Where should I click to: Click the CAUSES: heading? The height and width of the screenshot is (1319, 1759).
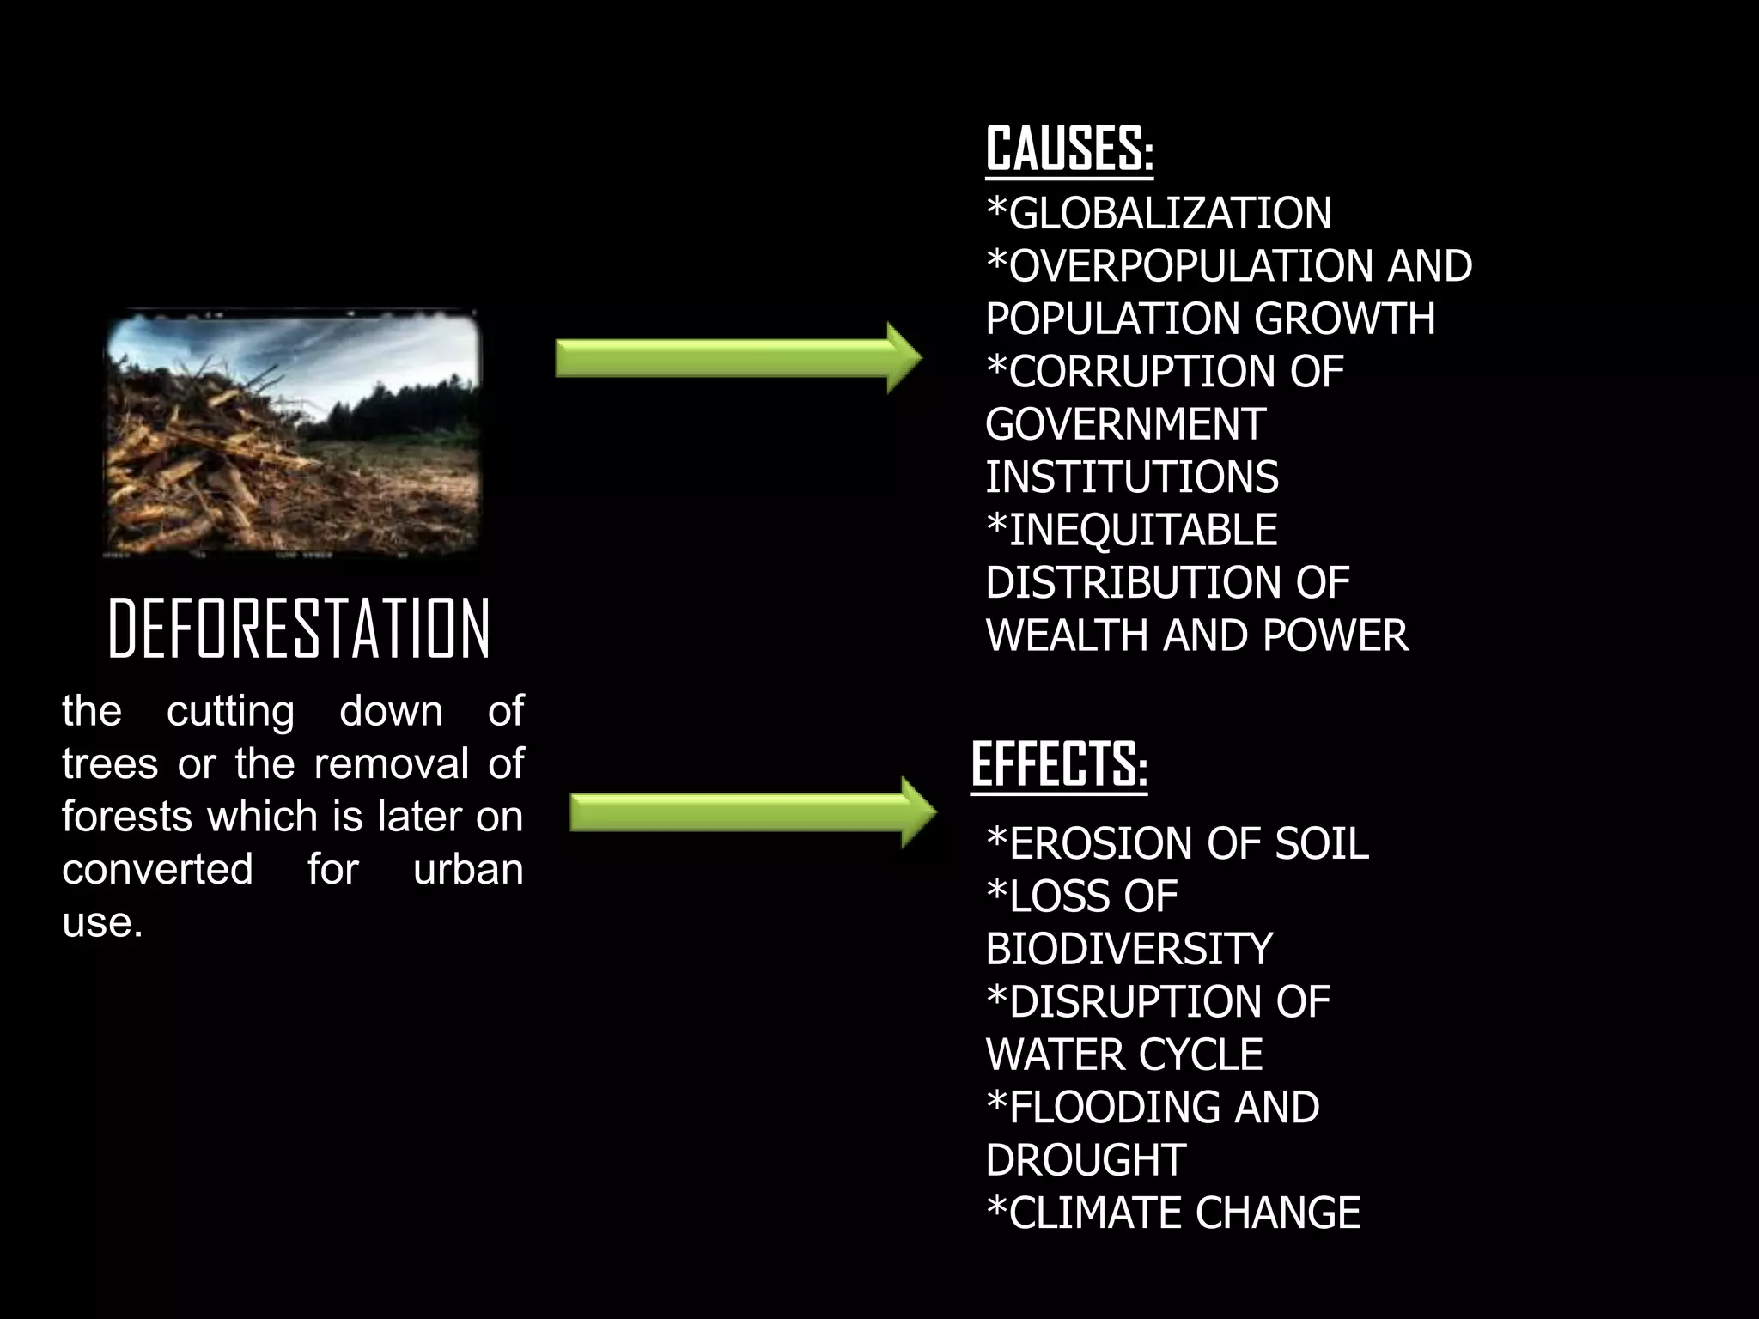[x=1068, y=149]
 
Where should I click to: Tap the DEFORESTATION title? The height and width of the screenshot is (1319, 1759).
[x=299, y=629]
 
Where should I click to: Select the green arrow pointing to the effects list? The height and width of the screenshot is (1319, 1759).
[x=752, y=812]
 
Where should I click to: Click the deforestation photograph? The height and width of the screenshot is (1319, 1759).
[x=291, y=435]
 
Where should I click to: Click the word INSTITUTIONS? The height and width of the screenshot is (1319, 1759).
[x=1131, y=477]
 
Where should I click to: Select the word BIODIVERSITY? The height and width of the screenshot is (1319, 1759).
[x=1129, y=950]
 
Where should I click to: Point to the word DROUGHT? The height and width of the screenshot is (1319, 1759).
[x=1086, y=1160]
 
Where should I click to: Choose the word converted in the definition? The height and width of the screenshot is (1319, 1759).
[x=157, y=869]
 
